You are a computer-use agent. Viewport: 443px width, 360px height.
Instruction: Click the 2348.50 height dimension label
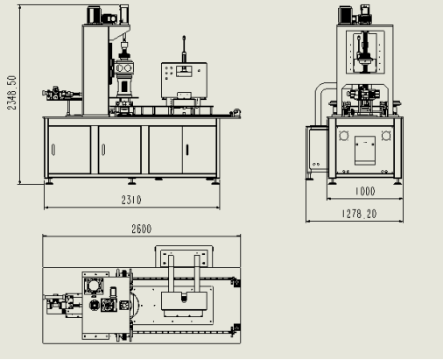[x=11, y=93]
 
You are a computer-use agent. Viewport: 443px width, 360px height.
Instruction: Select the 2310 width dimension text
[x=131, y=200]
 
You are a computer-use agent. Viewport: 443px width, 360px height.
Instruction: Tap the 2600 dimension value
[x=141, y=229]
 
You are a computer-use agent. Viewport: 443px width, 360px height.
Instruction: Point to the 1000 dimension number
[x=365, y=191]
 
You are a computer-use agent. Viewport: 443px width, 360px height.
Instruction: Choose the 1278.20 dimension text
[x=359, y=214]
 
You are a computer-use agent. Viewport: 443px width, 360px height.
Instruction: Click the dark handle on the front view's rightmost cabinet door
[x=187, y=150]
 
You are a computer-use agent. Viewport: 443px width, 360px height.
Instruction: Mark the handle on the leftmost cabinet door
[x=53, y=150]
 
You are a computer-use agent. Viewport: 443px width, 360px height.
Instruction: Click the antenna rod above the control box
[x=184, y=49]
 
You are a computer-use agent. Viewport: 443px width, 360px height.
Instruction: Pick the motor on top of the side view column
[x=346, y=15]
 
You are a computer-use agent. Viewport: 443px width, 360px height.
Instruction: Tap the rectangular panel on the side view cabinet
[x=365, y=150]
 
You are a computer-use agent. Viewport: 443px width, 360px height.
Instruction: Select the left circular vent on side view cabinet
[x=344, y=136]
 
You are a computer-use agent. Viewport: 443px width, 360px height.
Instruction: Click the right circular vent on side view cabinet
[x=386, y=136]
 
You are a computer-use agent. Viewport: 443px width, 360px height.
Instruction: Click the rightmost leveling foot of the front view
[x=215, y=182]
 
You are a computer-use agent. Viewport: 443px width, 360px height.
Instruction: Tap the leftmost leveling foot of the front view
[x=48, y=182]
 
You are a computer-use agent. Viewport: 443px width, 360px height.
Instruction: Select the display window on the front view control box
[x=184, y=70]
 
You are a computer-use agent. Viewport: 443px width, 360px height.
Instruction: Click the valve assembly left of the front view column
[x=62, y=94]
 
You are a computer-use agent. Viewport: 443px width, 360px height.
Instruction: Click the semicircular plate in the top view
[x=135, y=305]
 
